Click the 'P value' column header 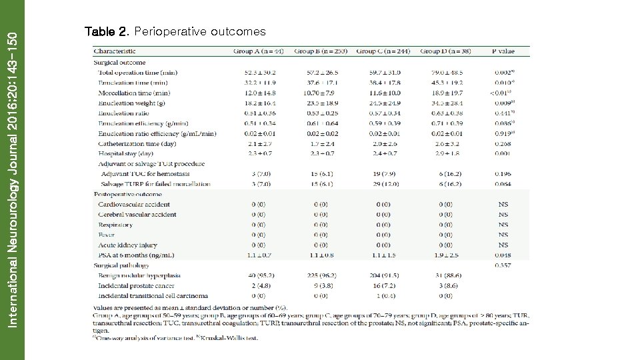[503, 51]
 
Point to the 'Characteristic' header [115, 51]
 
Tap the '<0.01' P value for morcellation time [502, 93]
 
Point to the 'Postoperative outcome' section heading [128, 194]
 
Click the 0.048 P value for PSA [503, 255]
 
